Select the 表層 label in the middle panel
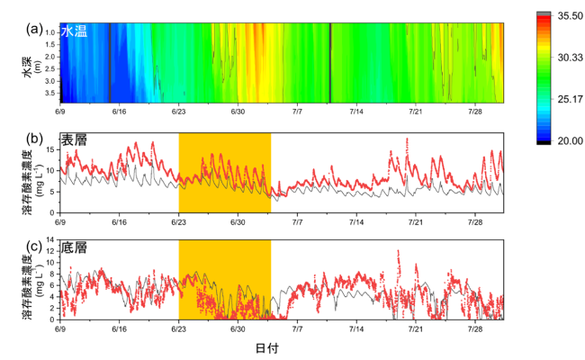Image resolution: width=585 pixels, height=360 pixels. click(x=74, y=141)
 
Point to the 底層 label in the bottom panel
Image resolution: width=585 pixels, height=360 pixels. click(x=74, y=245)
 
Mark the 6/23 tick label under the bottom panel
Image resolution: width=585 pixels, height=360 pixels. click(x=178, y=325)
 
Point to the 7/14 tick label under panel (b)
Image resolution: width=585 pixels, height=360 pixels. click(x=356, y=220)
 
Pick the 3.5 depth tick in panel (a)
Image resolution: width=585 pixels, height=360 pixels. click(x=49, y=92)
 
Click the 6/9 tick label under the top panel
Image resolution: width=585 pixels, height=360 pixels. click(x=60, y=112)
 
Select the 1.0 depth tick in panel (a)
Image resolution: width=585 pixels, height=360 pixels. click(x=49, y=31)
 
